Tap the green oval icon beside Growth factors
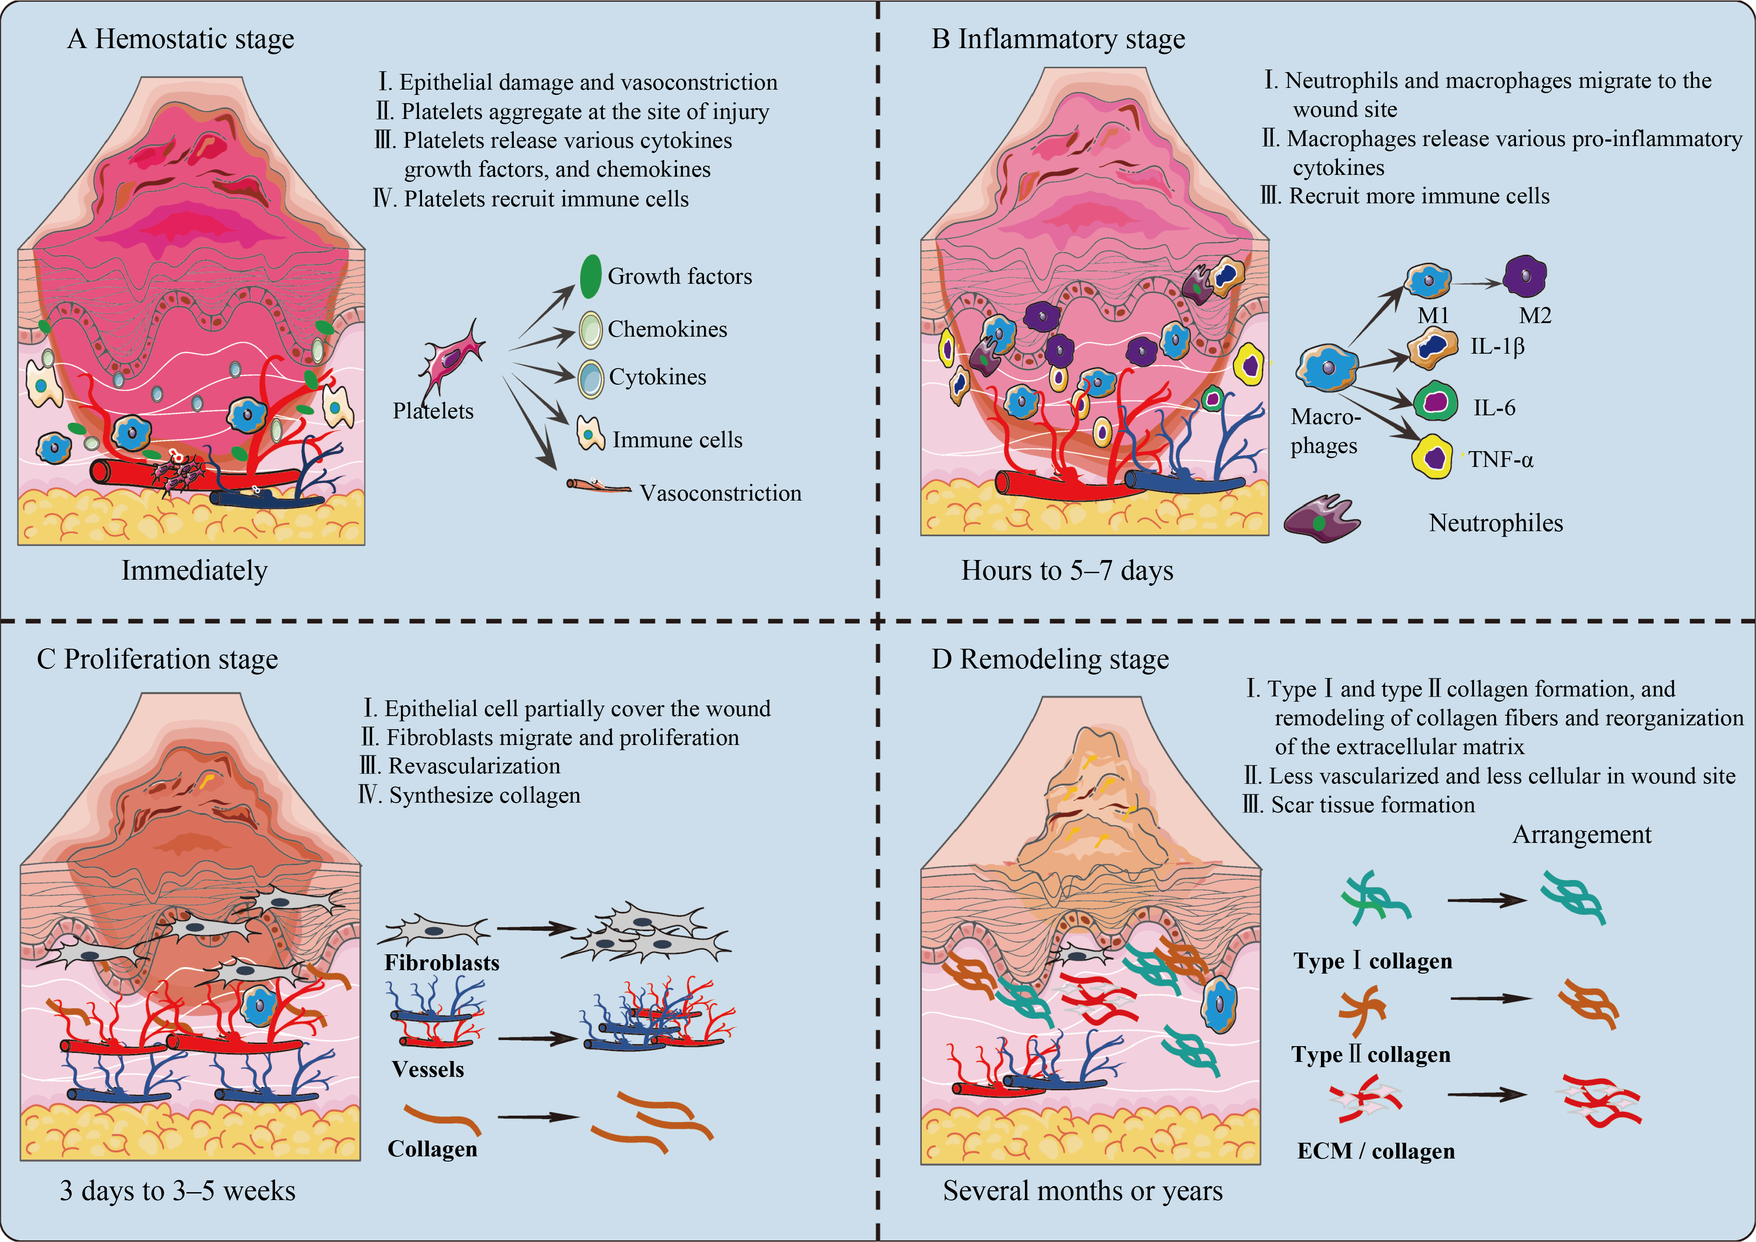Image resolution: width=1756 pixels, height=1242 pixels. click(590, 276)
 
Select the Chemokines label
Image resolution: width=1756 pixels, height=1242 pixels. click(667, 330)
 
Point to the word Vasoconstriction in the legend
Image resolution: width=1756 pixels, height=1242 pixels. click(721, 493)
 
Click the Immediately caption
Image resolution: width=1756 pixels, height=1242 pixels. click(194, 571)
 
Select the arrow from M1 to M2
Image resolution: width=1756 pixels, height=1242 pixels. click(1477, 284)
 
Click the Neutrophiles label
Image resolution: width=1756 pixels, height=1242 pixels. click(1495, 523)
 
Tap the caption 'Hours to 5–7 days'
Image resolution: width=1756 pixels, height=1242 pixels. click(1067, 571)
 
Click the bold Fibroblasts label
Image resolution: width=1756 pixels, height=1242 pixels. click(441, 962)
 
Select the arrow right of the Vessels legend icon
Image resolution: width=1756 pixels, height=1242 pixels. click(537, 1039)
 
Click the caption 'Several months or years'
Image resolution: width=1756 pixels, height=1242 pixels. click(1082, 1191)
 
